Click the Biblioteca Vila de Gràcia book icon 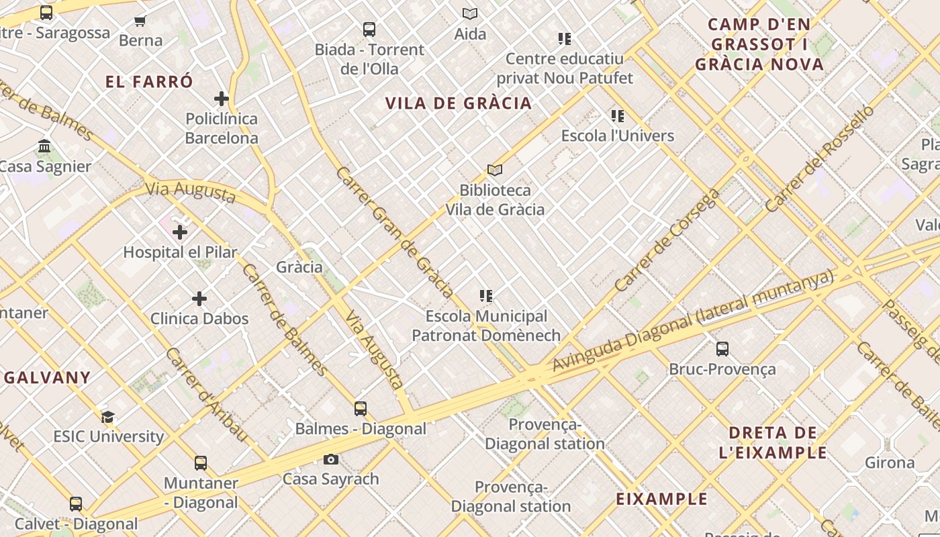[x=495, y=170]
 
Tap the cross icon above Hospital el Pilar [x=180, y=232]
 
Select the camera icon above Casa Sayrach [x=331, y=460]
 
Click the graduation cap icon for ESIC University [x=107, y=417]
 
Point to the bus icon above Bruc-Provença [x=722, y=349]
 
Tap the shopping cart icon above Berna [x=140, y=21]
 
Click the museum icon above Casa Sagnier [x=44, y=146]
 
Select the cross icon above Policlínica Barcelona [x=222, y=99]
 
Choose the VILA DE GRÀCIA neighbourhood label [x=459, y=103]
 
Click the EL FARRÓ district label [x=149, y=82]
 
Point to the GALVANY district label [x=48, y=377]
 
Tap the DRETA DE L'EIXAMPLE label [x=773, y=442]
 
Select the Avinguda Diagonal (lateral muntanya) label [x=693, y=320]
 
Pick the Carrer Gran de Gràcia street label [x=394, y=232]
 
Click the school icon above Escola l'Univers [x=618, y=116]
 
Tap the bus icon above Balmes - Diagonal [x=361, y=409]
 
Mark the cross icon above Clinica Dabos [x=199, y=299]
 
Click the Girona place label [x=889, y=462]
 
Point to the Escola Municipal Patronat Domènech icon [x=487, y=296]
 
